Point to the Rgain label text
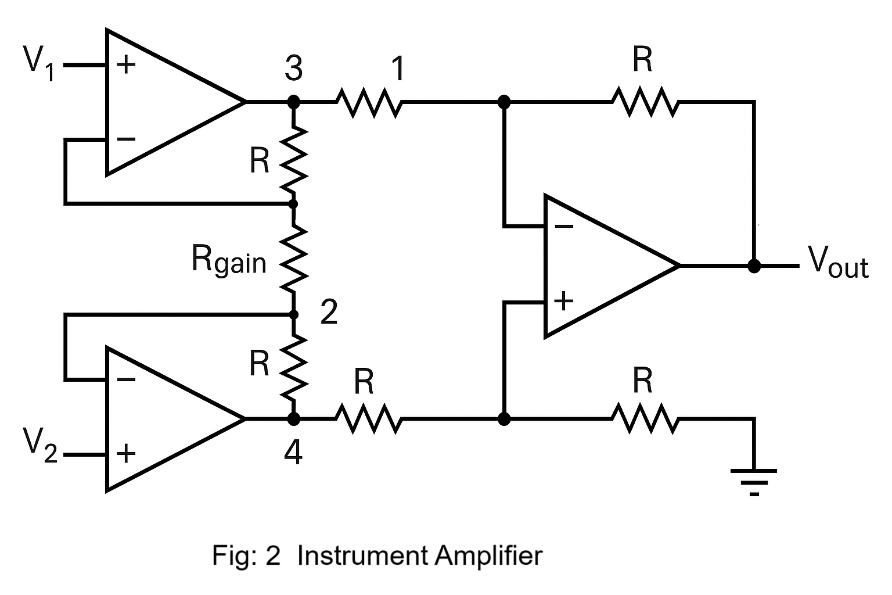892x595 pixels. pyautogui.click(x=228, y=260)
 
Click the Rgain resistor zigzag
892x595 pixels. pyautogui.click(x=294, y=259)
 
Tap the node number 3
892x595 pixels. pyautogui.click(x=294, y=69)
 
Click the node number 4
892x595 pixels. pyautogui.click(x=293, y=452)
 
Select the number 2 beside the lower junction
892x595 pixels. pyautogui.click(x=329, y=313)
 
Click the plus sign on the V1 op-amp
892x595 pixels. pyautogui.click(x=125, y=64)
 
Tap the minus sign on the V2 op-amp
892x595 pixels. pyautogui.click(x=125, y=380)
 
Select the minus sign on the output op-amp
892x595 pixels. pyautogui.click(x=563, y=225)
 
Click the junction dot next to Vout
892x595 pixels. pyautogui.click(x=754, y=266)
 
